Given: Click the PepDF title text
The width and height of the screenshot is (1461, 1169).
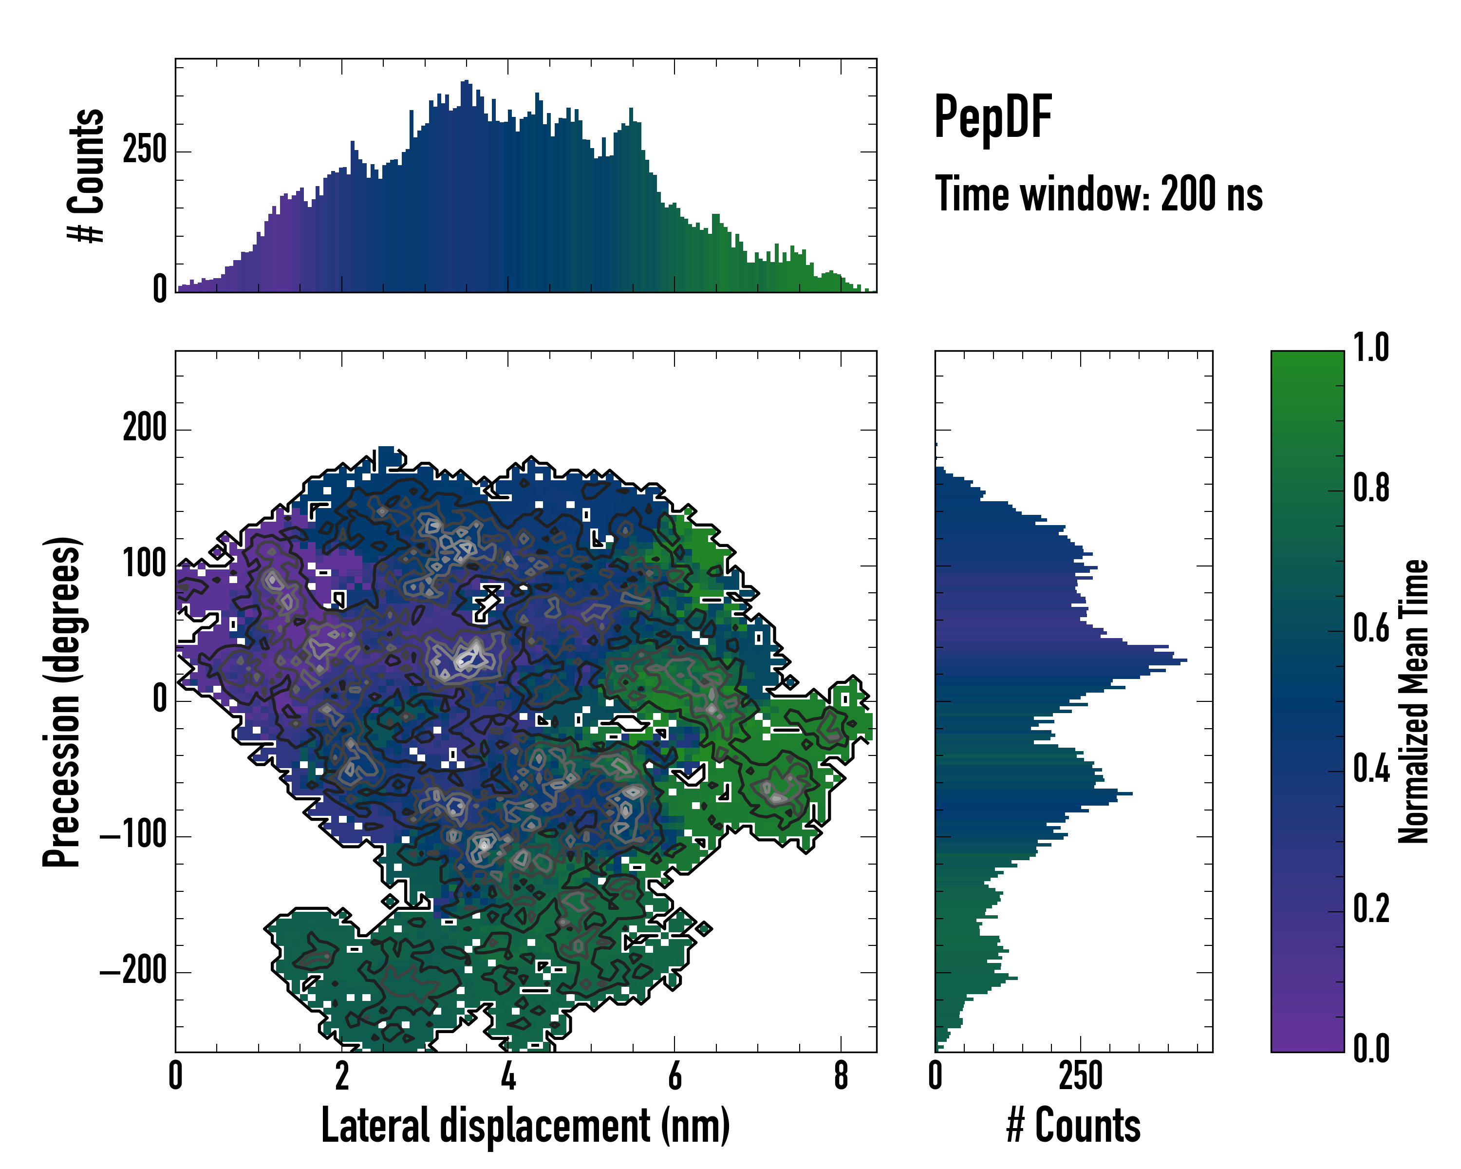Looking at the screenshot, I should tap(992, 116).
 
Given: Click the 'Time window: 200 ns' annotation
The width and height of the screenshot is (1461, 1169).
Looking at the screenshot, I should tap(1099, 194).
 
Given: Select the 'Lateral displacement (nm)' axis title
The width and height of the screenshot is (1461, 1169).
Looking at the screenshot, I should tap(525, 1126).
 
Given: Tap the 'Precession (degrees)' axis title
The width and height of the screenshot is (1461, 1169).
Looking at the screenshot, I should tap(62, 701).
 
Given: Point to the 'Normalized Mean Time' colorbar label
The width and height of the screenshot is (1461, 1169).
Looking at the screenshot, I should tap(1413, 701).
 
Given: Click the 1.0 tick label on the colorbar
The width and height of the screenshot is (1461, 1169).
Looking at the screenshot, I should tap(1371, 348).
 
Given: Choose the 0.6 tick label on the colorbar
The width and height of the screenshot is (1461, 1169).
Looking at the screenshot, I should tap(1371, 629).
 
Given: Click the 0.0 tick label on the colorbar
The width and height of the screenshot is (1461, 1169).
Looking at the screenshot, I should tap(1371, 1049).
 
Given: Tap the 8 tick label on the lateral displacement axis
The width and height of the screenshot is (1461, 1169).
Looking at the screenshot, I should tap(841, 1076).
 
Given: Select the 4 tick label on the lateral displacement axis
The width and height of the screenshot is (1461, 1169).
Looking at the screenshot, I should tap(508, 1076).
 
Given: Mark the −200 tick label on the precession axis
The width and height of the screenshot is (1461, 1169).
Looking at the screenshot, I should tap(133, 971).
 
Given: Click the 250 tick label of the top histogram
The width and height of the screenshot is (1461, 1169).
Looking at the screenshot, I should tap(144, 151).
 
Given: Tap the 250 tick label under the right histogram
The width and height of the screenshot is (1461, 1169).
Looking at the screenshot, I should tap(1080, 1076).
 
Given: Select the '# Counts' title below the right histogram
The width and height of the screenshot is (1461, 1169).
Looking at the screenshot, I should tap(1073, 1126).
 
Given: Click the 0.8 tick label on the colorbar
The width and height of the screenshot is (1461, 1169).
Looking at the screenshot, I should tap(1371, 489).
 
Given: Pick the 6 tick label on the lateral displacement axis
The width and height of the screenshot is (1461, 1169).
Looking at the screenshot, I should tap(674, 1076).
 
